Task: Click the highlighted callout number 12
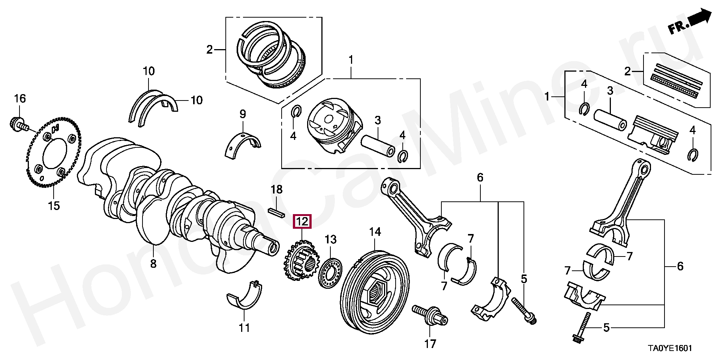[x=302, y=222]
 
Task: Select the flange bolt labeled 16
[x=18, y=124]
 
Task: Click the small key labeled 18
[x=277, y=212]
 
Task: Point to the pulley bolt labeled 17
[x=430, y=315]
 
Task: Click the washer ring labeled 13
[x=330, y=273]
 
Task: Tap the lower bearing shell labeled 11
[x=244, y=297]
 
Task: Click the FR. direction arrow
[x=690, y=22]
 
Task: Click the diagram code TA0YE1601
[x=670, y=348]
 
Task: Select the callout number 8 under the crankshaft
[x=153, y=264]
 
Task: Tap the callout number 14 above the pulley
[x=375, y=232]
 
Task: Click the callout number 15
[x=54, y=205]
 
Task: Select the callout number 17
[x=430, y=343]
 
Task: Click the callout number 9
[x=243, y=114]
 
